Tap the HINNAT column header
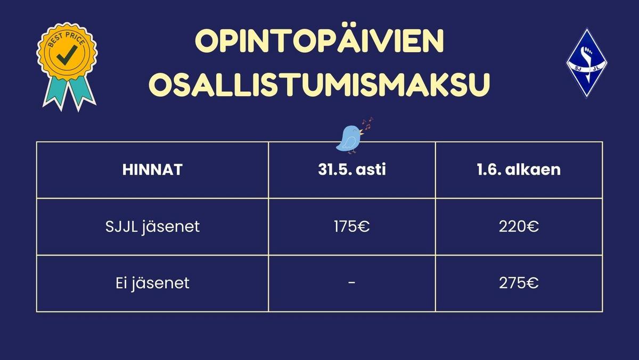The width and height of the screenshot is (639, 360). [152, 170]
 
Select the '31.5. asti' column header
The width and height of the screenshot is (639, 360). [352, 169]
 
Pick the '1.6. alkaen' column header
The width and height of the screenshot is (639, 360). [519, 169]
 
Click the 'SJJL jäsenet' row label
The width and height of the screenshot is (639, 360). [152, 227]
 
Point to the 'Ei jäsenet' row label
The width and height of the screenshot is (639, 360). [152, 283]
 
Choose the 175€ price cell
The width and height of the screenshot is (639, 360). [352, 227]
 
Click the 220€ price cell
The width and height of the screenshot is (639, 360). [519, 227]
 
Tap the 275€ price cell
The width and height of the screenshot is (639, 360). [519, 283]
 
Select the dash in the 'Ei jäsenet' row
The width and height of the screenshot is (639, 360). [352, 283]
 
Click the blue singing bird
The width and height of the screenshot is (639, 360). [349, 139]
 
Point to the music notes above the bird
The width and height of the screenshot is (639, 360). [367, 124]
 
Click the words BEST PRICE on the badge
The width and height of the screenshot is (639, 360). [67, 39]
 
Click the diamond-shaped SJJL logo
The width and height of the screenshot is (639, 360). [587, 63]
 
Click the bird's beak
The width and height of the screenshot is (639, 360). [362, 132]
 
